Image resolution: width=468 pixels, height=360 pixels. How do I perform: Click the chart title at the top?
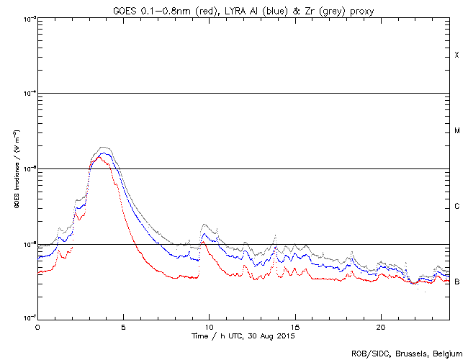pos(243,9)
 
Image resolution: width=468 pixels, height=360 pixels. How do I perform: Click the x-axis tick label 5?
pos(123,326)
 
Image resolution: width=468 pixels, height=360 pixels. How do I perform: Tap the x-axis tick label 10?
pos(209,326)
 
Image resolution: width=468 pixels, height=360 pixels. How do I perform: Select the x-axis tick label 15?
pos(295,326)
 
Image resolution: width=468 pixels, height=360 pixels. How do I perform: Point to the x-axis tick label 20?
pos(381,326)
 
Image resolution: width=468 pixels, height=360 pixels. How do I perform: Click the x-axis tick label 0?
pos(37,326)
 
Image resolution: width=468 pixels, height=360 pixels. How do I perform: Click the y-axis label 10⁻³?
pos(28,18)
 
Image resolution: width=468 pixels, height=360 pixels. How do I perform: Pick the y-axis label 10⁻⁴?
pos(28,94)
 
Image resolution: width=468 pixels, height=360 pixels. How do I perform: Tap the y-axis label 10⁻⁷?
pos(28,319)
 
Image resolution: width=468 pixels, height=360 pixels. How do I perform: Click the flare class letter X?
pos(456,55)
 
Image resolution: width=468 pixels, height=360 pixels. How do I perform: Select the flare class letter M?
pos(456,131)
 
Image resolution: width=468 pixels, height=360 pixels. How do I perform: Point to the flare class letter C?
pos(456,207)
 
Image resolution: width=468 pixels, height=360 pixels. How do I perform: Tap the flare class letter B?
pos(456,282)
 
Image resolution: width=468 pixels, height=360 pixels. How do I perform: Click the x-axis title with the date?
pos(243,336)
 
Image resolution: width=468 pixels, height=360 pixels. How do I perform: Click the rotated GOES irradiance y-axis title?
pos(16,168)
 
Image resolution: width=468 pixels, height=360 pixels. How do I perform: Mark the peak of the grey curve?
pos(104,147)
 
